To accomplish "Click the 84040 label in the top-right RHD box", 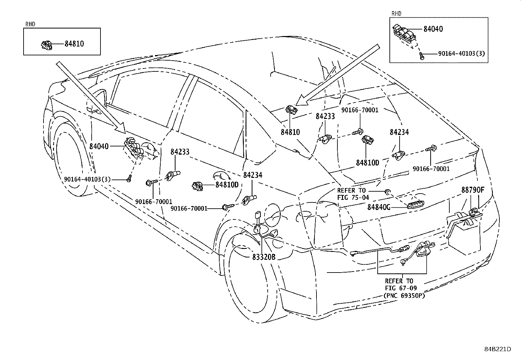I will pyautogui.click(x=433, y=29).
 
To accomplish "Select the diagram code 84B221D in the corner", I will pyautogui.click(x=497, y=349).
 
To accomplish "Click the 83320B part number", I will pyautogui.click(x=264, y=257).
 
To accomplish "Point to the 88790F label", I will pyautogui.click(x=473, y=190).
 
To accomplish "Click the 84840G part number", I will pyautogui.click(x=379, y=207).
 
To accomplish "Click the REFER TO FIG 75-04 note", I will pyautogui.click(x=353, y=194).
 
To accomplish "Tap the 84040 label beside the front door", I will pyautogui.click(x=99, y=146).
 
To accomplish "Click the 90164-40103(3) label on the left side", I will pyautogui.click(x=87, y=179).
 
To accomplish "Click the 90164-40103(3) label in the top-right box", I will pyautogui.click(x=461, y=53).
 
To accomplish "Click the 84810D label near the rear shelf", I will pyautogui.click(x=368, y=162).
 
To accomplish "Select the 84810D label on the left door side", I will pyautogui.click(x=227, y=185).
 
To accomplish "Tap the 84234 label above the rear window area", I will pyautogui.click(x=399, y=132).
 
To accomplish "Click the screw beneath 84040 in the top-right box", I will pyautogui.click(x=422, y=56).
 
